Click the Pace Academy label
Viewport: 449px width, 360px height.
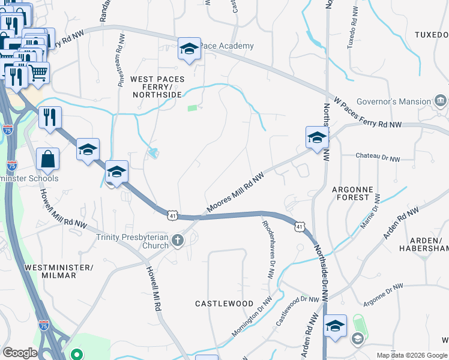pos(228,46)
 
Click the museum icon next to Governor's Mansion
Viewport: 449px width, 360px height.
pos(441,100)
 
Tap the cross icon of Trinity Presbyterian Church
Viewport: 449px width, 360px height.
pos(177,241)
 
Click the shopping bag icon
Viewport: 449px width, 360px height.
pos(47,160)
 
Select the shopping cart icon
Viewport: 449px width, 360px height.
pos(38,73)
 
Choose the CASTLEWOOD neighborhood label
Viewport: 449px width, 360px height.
pos(224,304)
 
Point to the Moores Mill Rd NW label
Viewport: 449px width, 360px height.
pos(235,193)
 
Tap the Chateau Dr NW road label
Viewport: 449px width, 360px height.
pos(378,157)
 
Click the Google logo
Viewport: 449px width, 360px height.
pos(20,353)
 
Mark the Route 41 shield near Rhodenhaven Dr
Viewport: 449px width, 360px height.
pos(298,226)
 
